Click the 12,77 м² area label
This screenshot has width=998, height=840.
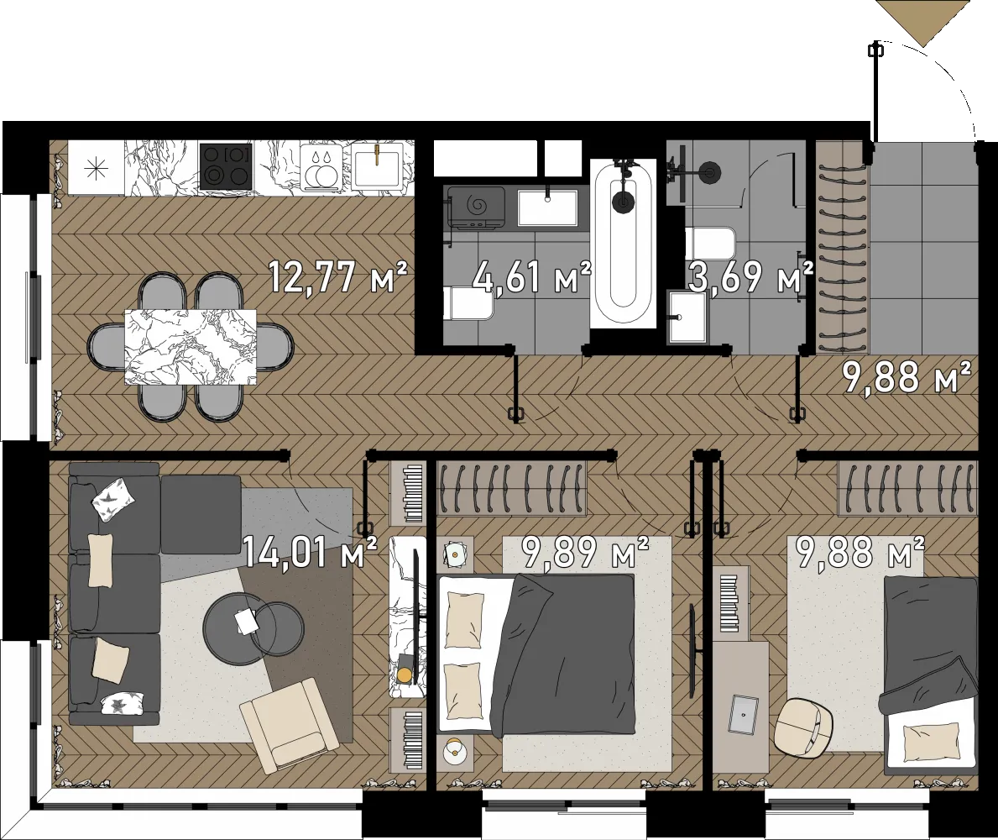click(x=337, y=277)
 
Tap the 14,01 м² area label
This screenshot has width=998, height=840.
click(x=310, y=552)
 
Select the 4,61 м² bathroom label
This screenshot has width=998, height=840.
click(x=532, y=277)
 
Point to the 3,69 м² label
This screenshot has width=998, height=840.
click(x=751, y=277)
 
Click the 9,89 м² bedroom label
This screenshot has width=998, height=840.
click(x=585, y=552)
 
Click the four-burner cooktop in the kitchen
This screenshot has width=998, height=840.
click(x=226, y=165)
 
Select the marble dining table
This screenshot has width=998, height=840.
click(x=191, y=347)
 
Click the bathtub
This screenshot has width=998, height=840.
click(x=623, y=244)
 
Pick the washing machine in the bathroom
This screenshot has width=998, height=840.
click(x=476, y=207)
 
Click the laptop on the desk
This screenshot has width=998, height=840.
click(x=744, y=715)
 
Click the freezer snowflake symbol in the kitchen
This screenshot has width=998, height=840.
click(x=97, y=168)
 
